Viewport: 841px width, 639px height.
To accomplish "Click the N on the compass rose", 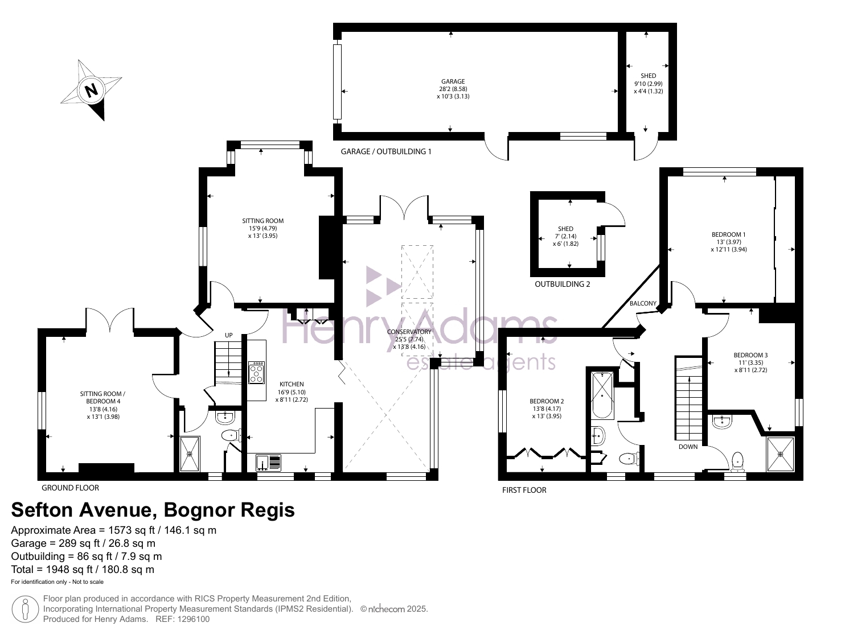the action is point(91,90).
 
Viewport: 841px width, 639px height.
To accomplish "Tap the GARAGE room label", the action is point(453,81).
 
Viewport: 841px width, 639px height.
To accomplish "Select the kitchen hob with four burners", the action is point(256,373).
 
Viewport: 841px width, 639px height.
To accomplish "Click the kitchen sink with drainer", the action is point(268,463).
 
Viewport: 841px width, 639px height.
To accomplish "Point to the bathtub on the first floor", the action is point(602,394).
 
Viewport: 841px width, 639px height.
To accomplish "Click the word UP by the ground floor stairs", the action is point(229,335).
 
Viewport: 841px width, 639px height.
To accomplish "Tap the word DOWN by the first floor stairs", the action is point(688,447).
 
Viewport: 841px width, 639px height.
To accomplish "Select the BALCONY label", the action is point(643,304).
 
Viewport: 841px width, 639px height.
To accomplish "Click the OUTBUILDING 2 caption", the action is point(563,284).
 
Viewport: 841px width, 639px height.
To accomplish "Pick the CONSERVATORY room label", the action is point(409,332).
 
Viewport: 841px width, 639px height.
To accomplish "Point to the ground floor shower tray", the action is point(190,454).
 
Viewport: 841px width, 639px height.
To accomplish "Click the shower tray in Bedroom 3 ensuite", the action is point(780,454).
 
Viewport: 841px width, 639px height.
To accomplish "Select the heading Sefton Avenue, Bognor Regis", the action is point(153,510).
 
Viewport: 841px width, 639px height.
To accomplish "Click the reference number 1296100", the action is point(193,620).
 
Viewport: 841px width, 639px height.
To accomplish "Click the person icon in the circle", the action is point(26,609).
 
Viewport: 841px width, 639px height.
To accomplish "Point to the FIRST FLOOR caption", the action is point(524,490).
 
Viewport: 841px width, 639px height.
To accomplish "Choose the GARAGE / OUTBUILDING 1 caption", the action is point(386,151).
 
